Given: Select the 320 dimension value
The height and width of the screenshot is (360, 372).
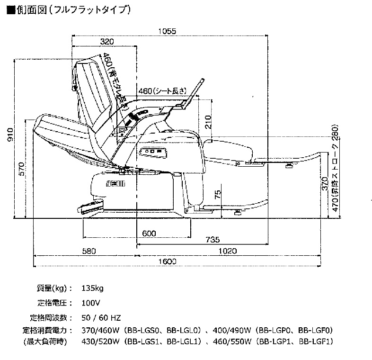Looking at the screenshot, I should (x=107, y=41).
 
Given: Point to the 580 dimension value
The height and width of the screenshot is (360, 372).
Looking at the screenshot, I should (x=88, y=251).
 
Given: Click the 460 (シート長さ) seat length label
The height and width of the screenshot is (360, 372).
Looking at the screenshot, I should (x=164, y=90).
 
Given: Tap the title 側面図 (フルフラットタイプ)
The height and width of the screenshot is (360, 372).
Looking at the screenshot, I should (x=68, y=9).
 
